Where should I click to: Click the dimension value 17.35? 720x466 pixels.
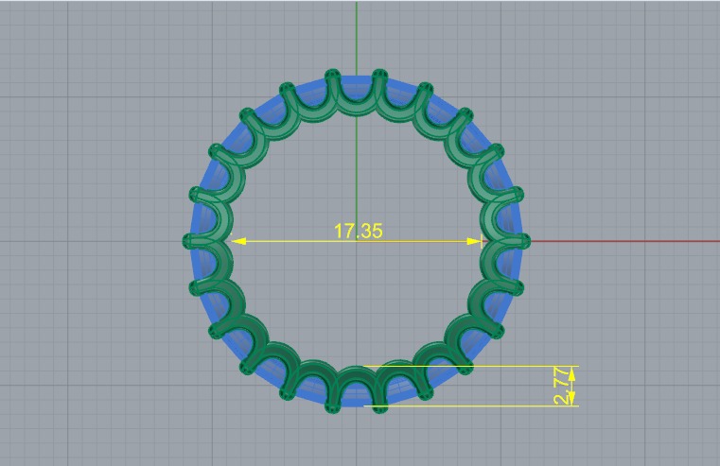pos(358,231)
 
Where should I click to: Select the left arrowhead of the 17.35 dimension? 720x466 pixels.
pos(238,241)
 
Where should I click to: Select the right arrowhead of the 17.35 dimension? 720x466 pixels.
pos(476,241)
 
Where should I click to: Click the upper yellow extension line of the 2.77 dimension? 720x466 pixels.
pos(473,366)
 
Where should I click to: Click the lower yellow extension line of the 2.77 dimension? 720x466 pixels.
pos(473,407)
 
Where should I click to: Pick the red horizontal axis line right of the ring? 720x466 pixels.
pos(624,240)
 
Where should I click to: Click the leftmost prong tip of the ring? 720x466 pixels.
pos(187,241)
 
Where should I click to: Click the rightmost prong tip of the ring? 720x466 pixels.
pos(524,241)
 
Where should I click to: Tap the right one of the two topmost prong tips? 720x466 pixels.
pos(379,74)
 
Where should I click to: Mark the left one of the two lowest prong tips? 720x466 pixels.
pos(332,407)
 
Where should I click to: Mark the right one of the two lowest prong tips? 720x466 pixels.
pos(379,407)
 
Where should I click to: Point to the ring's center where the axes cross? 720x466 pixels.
pos(356,241)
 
